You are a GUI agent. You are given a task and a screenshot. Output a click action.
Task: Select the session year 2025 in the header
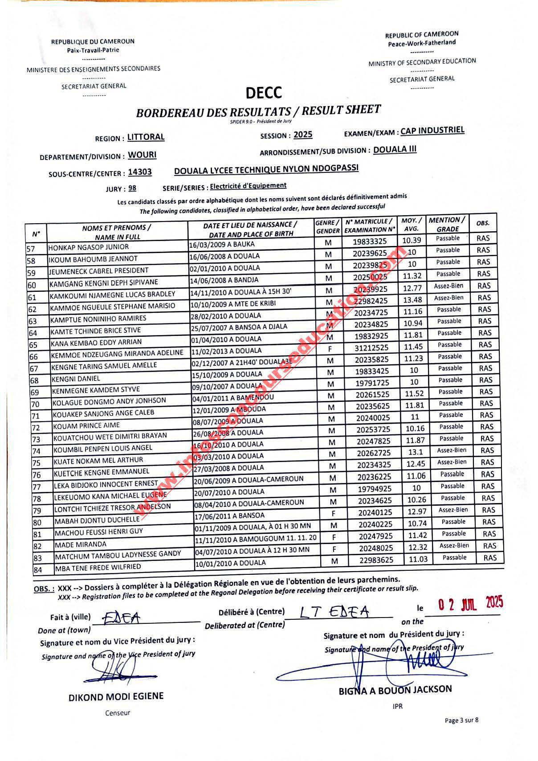tap(303, 135)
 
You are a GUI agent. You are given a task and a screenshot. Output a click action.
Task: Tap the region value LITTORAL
tap(146, 137)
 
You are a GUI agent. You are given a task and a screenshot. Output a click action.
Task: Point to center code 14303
tap(139, 172)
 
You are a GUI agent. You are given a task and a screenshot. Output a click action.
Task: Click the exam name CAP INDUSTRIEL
tap(432, 131)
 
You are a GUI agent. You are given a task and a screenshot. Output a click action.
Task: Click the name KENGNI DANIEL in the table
tap(76, 379)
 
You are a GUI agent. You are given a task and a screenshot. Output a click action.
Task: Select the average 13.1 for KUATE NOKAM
tap(413, 451)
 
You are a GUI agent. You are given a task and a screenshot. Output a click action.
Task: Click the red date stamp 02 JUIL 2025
tap(470, 604)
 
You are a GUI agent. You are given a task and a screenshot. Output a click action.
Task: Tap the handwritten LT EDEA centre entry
tap(334, 612)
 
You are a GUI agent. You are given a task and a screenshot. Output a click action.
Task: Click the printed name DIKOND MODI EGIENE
tap(116, 696)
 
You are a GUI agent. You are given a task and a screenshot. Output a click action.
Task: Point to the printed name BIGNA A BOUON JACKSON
tap(395, 690)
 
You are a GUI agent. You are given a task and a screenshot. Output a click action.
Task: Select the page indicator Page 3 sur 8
tap(462, 720)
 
